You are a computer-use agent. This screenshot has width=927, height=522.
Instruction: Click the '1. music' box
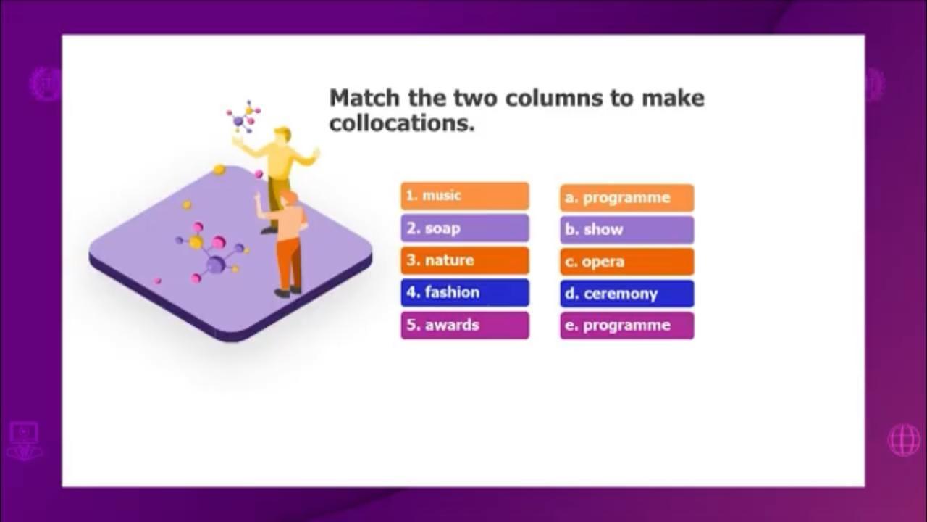click(465, 196)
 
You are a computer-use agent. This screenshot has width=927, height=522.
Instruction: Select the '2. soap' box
click(465, 228)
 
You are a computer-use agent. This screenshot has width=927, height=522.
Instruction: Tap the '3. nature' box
click(465, 260)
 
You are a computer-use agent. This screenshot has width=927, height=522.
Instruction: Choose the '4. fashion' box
click(465, 292)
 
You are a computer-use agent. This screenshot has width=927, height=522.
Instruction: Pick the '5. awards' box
click(465, 326)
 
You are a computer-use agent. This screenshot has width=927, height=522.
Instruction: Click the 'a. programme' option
click(627, 198)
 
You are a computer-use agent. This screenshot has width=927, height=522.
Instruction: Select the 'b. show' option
click(627, 230)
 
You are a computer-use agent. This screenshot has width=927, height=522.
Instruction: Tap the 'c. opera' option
click(627, 262)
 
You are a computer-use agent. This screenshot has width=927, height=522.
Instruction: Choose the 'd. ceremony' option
click(627, 294)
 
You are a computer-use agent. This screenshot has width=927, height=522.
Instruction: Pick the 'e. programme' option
click(627, 326)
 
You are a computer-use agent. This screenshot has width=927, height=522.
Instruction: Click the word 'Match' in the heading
click(364, 98)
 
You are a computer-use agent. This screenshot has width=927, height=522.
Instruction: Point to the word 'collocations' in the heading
click(402, 123)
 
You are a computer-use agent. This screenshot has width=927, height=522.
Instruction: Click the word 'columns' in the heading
click(554, 98)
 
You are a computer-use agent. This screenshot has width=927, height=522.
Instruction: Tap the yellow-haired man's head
click(282, 135)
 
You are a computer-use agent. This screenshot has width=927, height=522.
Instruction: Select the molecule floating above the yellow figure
click(244, 117)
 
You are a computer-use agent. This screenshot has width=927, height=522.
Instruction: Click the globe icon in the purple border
click(905, 439)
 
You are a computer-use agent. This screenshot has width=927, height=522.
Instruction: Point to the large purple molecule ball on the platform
click(215, 264)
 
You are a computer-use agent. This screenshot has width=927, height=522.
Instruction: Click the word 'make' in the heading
click(673, 98)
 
